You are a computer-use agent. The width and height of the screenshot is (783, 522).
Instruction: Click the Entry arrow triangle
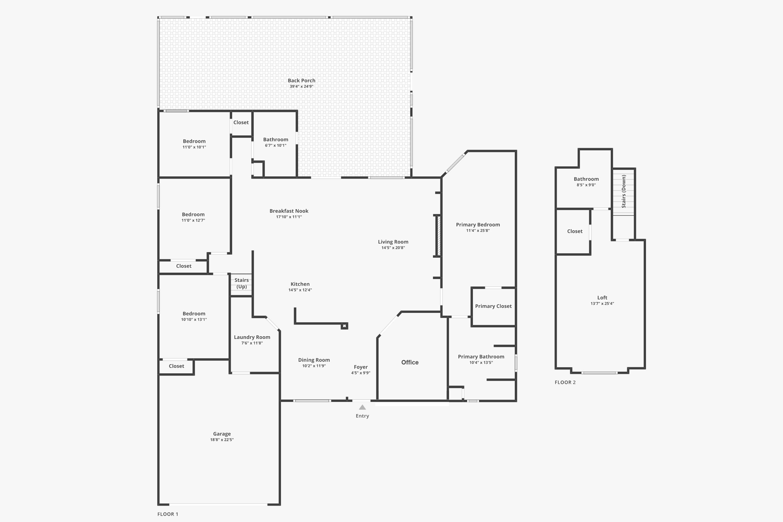362,407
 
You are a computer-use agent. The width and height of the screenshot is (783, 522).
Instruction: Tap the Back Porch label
301,80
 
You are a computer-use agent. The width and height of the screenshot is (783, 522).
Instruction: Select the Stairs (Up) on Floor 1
241,283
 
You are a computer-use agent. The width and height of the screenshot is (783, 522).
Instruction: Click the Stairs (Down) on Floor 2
624,191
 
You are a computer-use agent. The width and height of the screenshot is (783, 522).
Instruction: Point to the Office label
409,362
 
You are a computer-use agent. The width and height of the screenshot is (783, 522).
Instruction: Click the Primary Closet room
493,306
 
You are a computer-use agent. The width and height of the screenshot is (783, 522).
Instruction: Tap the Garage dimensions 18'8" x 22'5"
222,440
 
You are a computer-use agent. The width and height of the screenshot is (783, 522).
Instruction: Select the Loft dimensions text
602,304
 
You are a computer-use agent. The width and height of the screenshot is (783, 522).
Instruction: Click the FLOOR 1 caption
168,514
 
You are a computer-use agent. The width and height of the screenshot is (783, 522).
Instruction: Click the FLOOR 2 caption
565,382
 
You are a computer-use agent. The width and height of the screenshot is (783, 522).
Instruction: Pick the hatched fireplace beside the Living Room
439,236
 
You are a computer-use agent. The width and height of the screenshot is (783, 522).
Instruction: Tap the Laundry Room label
252,337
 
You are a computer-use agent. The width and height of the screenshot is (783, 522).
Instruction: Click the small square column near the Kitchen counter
344,326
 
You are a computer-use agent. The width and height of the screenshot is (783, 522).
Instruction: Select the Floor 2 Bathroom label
586,179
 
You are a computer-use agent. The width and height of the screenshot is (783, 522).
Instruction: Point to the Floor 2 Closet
575,231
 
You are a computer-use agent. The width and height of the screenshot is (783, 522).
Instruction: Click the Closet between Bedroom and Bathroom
241,122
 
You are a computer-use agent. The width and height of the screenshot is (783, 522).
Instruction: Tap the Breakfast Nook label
289,211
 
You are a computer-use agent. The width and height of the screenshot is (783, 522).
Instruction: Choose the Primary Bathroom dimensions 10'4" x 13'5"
481,363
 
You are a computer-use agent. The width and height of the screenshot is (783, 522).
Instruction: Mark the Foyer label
361,367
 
